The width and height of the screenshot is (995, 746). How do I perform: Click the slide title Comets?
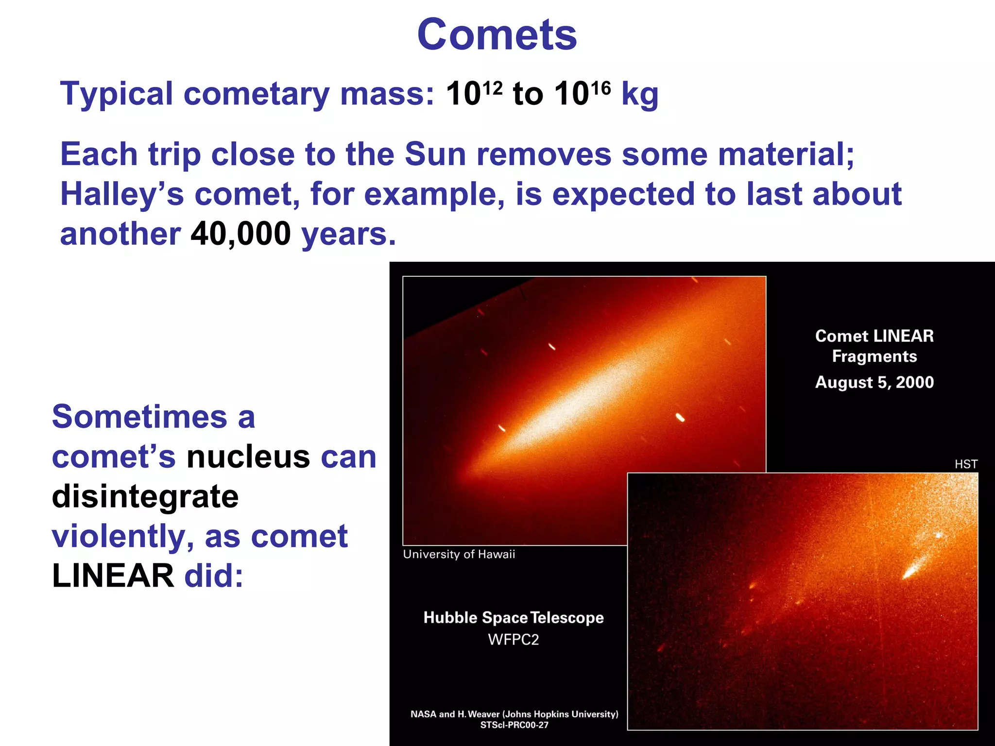pos(497,35)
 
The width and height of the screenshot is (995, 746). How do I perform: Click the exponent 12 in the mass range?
pos(493,88)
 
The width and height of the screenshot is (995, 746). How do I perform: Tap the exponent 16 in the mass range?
pos(600,88)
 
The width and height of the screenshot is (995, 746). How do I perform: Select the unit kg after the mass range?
pos(640,95)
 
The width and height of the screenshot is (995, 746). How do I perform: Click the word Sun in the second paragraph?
pos(435,154)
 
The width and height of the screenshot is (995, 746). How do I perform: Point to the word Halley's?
pos(122,195)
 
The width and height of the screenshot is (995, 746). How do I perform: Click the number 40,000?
pos(240,234)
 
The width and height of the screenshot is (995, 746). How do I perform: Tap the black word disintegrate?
pos(145,497)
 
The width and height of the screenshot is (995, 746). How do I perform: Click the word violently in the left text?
pos(120,537)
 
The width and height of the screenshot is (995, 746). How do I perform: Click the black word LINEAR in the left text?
pos(113,576)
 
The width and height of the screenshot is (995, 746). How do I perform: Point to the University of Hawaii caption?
pos(459,554)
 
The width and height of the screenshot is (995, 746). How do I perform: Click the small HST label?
pos(965,464)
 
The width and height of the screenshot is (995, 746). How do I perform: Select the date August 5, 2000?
pos(874,382)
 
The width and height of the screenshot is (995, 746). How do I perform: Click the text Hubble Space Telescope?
pos(513,618)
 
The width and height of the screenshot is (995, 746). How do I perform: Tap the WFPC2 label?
pos(513,640)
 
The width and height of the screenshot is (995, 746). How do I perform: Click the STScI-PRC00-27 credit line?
pos(514,725)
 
